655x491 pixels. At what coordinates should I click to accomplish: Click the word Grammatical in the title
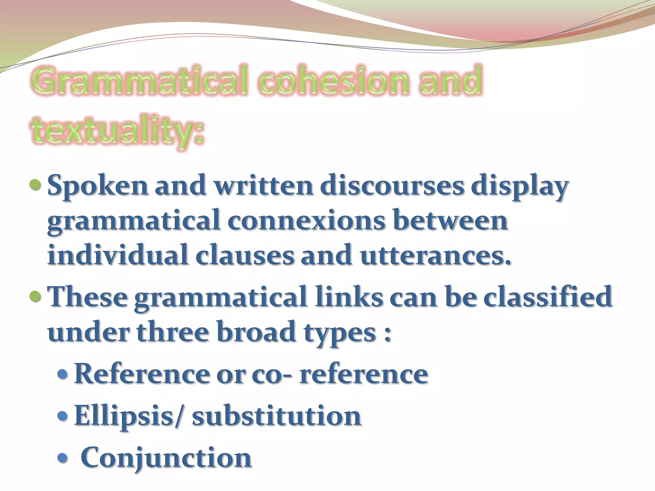(x=139, y=80)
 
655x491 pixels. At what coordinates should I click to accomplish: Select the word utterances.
(x=435, y=256)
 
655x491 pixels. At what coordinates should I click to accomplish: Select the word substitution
(x=277, y=416)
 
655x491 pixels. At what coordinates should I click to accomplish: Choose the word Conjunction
(x=166, y=457)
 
